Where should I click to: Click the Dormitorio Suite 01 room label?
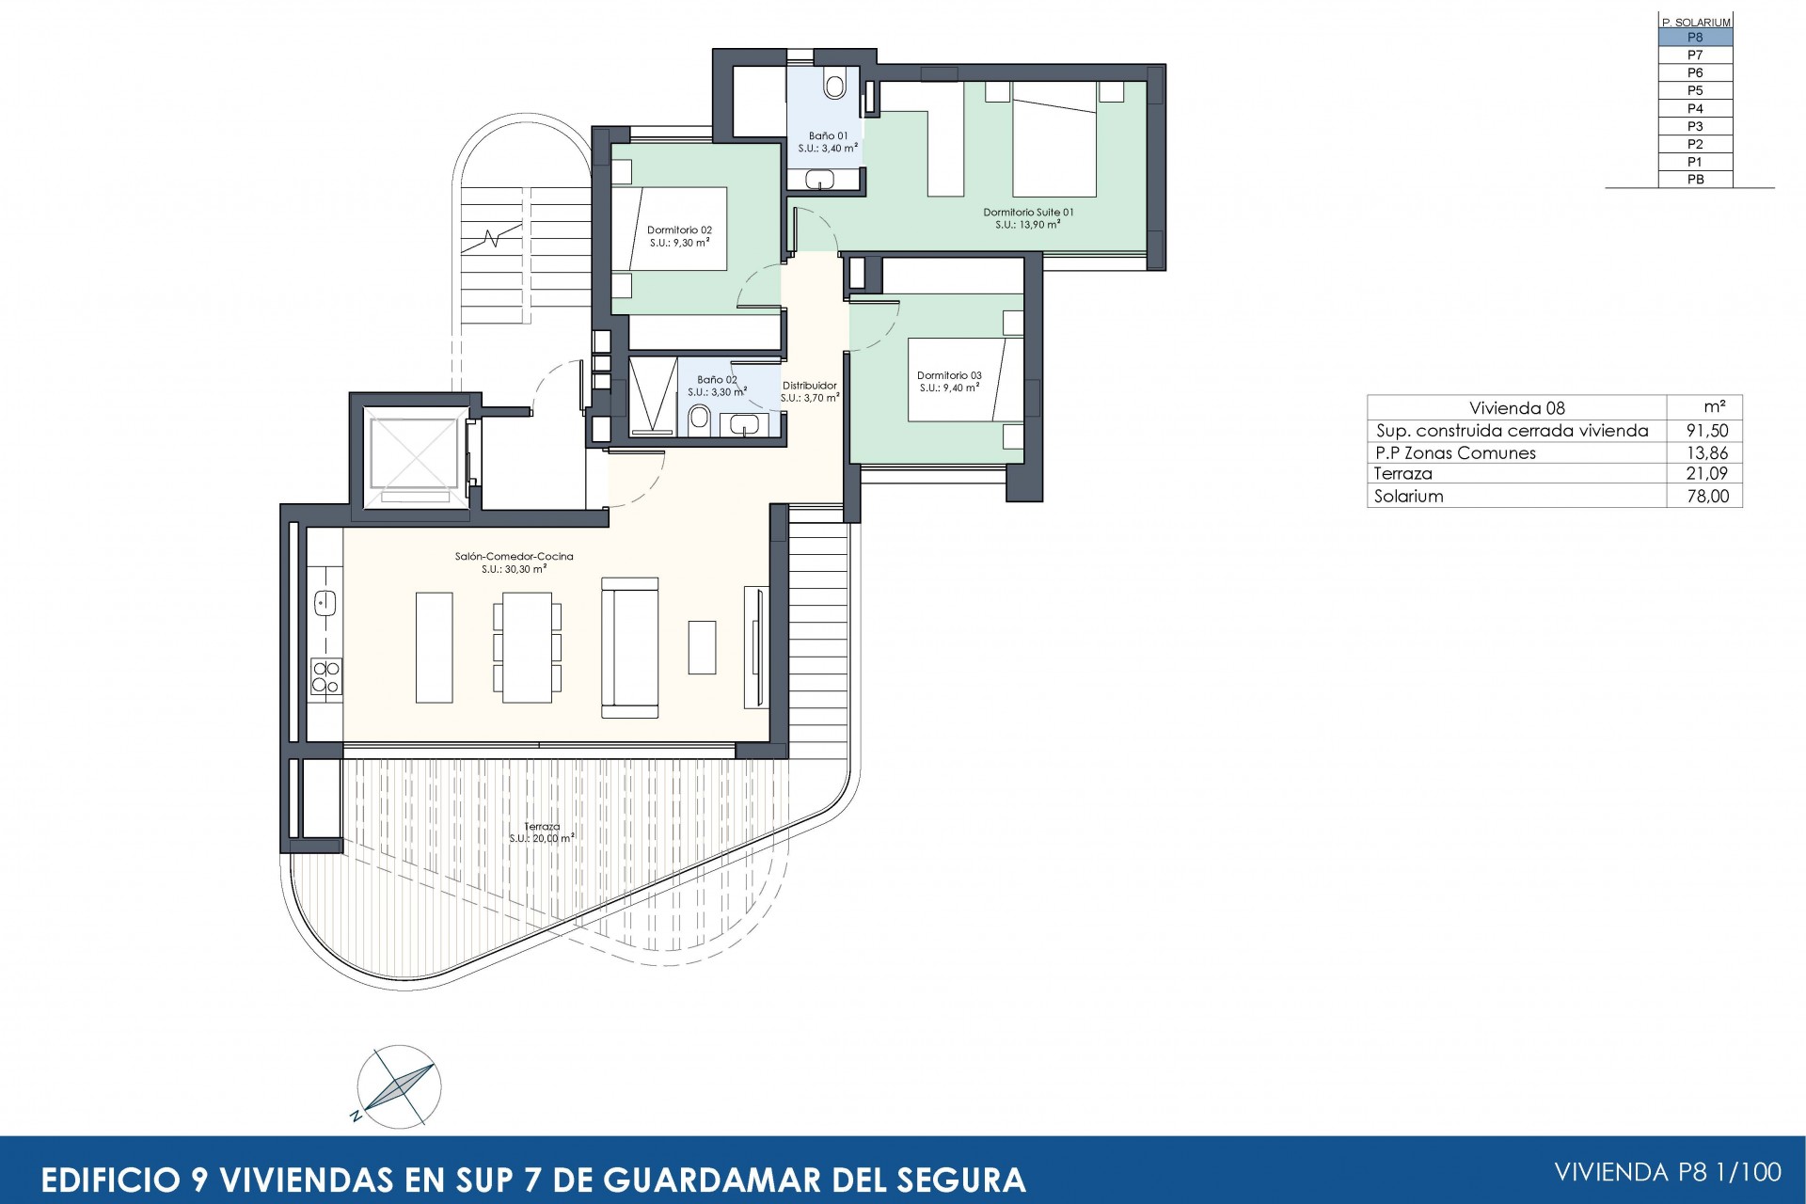[1028, 213]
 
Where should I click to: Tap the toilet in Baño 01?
[834, 85]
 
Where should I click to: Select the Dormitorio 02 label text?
[679, 230]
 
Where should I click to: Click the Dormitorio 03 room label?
[949, 376]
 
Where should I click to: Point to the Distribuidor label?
[810, 386]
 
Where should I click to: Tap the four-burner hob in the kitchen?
[326, 676]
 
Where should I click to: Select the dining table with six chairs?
[527, 646]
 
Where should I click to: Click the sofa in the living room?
[629, 647]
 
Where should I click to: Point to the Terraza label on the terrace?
[542, 827]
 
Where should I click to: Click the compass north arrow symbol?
[399, 1084]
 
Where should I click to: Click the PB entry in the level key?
[1695, 180]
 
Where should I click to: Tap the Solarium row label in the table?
[1408, 497]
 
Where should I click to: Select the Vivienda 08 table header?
[1517, 407]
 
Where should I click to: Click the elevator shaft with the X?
[411, 454]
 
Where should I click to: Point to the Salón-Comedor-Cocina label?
[514, 557]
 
